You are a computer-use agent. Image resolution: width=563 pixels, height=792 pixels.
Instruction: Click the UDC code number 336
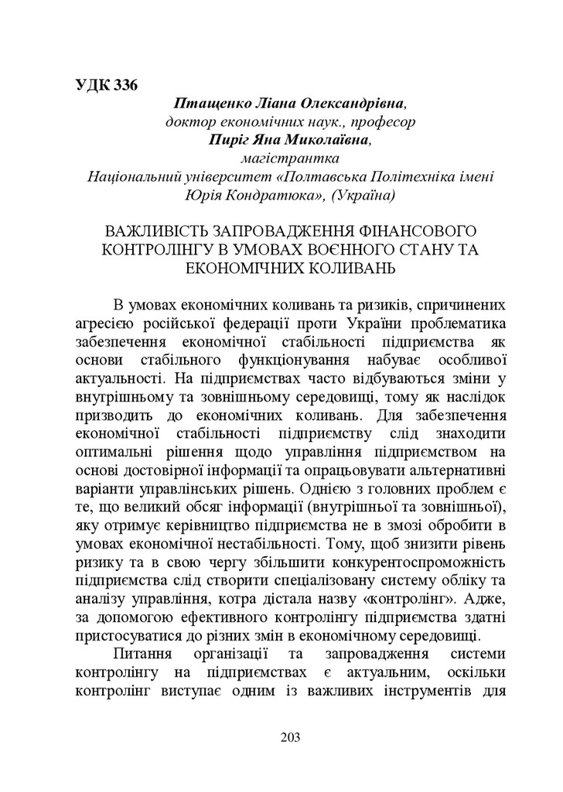coord(125,84)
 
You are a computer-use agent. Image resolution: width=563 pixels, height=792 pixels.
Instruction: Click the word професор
coord(382,121)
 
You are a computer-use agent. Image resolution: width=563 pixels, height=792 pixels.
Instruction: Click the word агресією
coord(105,323)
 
